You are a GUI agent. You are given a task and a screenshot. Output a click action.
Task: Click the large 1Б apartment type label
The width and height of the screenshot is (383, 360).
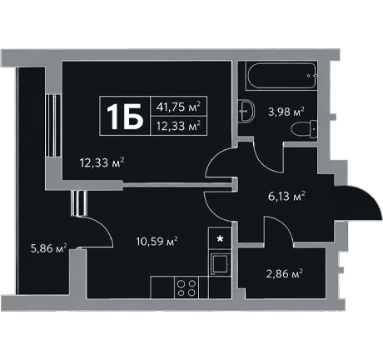125,117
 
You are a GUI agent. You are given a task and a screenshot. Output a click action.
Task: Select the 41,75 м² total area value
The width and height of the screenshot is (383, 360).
178,107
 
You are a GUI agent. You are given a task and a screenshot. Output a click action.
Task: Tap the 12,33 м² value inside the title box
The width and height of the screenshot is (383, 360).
178,126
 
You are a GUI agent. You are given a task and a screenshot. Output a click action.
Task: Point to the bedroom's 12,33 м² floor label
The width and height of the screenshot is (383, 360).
102,162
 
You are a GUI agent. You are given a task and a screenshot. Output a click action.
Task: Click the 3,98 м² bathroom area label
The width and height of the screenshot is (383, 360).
286,112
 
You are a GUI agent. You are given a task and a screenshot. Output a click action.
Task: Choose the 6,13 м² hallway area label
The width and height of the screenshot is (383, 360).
286,196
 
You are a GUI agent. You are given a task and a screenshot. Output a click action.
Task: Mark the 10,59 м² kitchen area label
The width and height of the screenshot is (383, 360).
157,241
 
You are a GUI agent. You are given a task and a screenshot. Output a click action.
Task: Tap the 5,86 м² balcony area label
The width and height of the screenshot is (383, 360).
49,248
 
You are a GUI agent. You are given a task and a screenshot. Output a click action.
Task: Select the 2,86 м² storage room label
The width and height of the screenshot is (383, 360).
285,274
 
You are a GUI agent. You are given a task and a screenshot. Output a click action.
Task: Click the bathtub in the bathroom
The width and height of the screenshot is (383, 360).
281,76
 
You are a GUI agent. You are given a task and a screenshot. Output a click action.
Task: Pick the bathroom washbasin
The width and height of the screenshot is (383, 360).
246,111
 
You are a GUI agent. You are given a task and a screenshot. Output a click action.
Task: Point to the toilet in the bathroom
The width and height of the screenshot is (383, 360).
305,129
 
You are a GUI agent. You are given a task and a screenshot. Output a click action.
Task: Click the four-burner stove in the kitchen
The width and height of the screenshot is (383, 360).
187,287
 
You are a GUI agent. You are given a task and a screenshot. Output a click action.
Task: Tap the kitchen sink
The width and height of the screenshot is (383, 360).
220,263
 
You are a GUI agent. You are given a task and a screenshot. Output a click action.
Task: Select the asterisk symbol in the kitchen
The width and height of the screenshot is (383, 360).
220,238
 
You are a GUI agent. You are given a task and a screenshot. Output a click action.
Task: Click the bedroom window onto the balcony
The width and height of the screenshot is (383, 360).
53,126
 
